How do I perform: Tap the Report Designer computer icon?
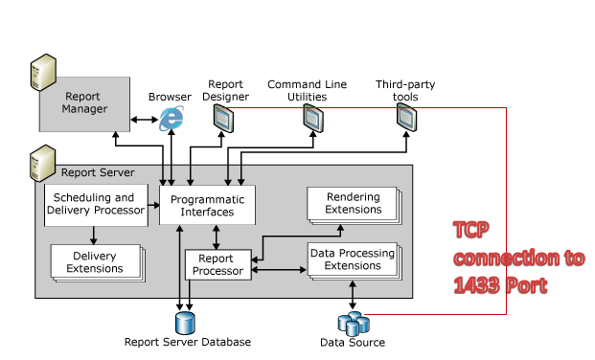[223, 118]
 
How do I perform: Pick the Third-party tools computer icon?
[406, 118]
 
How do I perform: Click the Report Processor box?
[217, 264]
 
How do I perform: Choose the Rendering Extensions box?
[352, 203]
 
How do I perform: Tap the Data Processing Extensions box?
[352, 259]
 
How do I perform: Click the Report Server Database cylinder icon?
[184, 321]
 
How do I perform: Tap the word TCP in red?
[470, 230]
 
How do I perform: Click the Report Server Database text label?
[188, 342]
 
